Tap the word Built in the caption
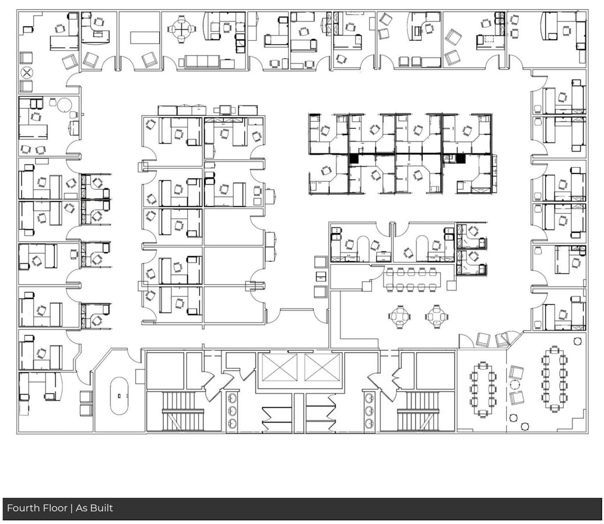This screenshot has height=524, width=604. (101, 508)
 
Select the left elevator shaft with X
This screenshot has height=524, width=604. (278, 368)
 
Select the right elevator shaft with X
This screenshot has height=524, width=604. (322, 368)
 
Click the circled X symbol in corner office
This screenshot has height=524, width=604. (26, 73)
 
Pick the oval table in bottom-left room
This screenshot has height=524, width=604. (120, 395)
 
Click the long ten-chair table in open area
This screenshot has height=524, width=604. (410, 279)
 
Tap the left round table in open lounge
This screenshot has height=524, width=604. (400, 317)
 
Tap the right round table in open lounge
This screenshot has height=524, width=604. (436, 317)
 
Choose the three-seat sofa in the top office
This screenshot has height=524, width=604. (201, 62)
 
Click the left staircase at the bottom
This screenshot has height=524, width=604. (182, 411)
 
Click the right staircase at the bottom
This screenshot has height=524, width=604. (417, 411)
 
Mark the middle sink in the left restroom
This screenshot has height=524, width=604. (233, 411)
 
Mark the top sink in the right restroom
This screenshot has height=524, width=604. (369, 399)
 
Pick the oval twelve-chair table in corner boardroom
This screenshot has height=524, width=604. (553, 378)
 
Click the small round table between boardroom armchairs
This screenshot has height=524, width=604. (514, 385)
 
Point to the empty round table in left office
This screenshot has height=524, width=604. (64, 105)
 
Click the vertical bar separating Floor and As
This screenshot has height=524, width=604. (71, 508)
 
